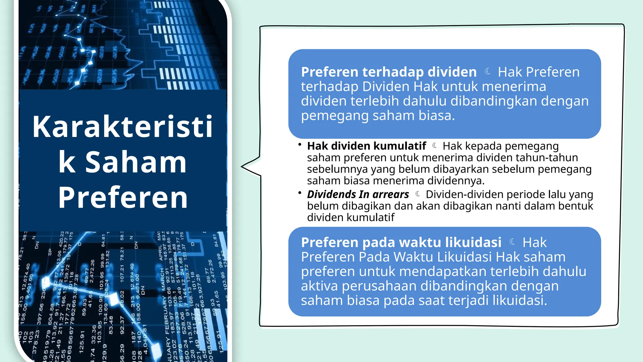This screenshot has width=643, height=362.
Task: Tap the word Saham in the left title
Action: (x=136, y=162)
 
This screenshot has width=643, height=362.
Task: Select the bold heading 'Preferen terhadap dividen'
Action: (x=389, y=72)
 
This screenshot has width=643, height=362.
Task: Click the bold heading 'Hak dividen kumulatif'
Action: (x=366, y=146)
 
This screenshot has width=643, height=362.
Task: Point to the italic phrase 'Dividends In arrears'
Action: (x=358, y=195)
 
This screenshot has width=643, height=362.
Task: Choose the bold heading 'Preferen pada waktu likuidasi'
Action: (x=401, y=243)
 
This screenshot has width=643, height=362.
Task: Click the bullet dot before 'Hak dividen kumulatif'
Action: (x=300, y=145)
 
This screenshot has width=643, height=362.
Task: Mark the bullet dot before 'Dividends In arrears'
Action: (x=300, y=193)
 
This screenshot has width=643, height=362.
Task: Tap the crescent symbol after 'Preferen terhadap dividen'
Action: (x=487, y=72)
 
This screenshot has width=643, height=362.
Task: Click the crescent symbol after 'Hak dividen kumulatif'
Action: (x=435, y=145)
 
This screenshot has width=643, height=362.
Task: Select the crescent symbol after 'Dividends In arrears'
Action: (x=417, y=194)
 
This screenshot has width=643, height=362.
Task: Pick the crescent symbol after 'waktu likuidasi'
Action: (x=512, y=242)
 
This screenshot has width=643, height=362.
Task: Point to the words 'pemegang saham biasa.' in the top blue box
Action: (x=378, y=116)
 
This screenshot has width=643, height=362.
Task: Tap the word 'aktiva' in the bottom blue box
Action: (x=320, y=286)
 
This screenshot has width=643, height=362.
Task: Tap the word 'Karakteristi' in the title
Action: (x=122, y=127)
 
